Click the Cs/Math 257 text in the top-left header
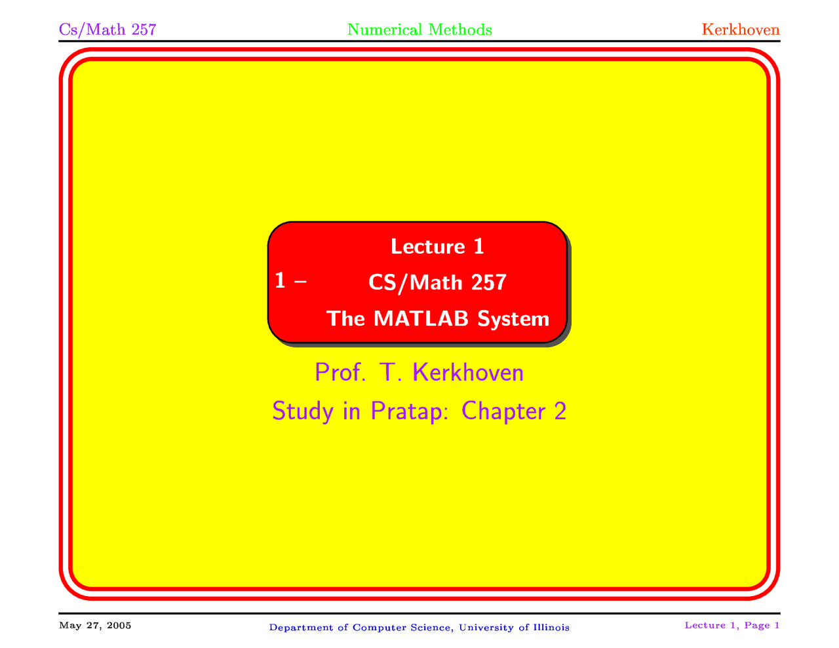click(107, 29)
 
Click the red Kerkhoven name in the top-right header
click(741, 29)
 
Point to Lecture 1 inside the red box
click(437, 246)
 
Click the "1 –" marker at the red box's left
click(290, 281)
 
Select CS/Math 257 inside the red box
click(437, 282)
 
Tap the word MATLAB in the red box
click(421, 318)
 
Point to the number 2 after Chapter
click(559, 411)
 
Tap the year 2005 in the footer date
click(119, 625)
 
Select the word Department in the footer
click(302, 628)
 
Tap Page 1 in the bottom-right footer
click(762, 625)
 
